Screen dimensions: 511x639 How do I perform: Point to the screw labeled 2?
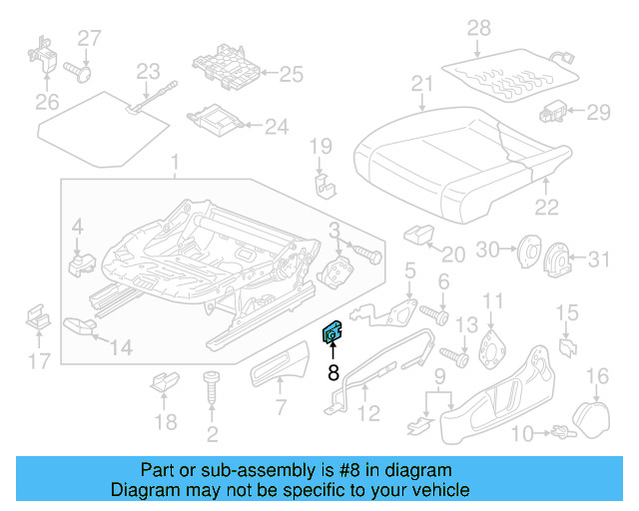pyautogui.click(x=212, y=394)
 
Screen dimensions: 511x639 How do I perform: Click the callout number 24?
pyautogui.click(x=276, y=127)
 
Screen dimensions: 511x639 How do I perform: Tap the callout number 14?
pyautogui.click(x=120, y=347)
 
